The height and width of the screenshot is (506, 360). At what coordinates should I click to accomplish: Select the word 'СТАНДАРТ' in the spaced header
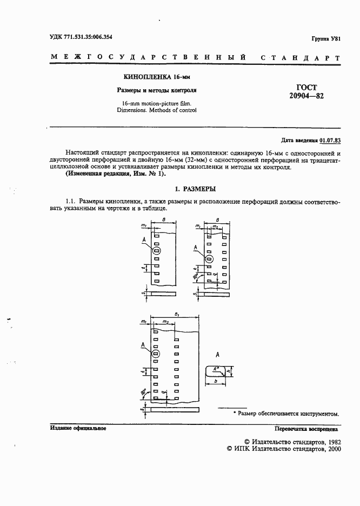tap(301, 57)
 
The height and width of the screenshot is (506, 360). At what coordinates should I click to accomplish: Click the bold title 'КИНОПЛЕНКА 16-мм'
tap(157, 77)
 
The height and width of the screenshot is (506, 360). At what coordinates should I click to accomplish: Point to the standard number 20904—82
tap(306, 97)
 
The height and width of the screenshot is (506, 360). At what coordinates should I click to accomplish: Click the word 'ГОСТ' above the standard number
tap(306, 87)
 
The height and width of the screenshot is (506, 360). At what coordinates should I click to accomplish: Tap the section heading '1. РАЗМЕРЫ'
tap(195, 189)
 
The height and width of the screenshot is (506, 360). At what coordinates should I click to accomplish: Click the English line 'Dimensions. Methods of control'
tap(157, 110)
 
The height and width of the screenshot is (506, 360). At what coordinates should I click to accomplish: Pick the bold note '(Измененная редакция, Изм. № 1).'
tap(116, 174)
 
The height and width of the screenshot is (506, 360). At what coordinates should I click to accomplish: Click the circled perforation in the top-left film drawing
tap(156, 251)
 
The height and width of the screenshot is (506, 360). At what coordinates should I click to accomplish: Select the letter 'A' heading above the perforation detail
tap(217, 355)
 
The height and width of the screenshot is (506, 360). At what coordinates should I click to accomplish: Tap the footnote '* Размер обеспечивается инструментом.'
tap(286, 414)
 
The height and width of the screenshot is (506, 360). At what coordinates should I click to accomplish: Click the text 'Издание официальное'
tap(78, 428)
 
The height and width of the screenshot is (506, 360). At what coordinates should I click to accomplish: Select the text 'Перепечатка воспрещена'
tap(306, 428)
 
